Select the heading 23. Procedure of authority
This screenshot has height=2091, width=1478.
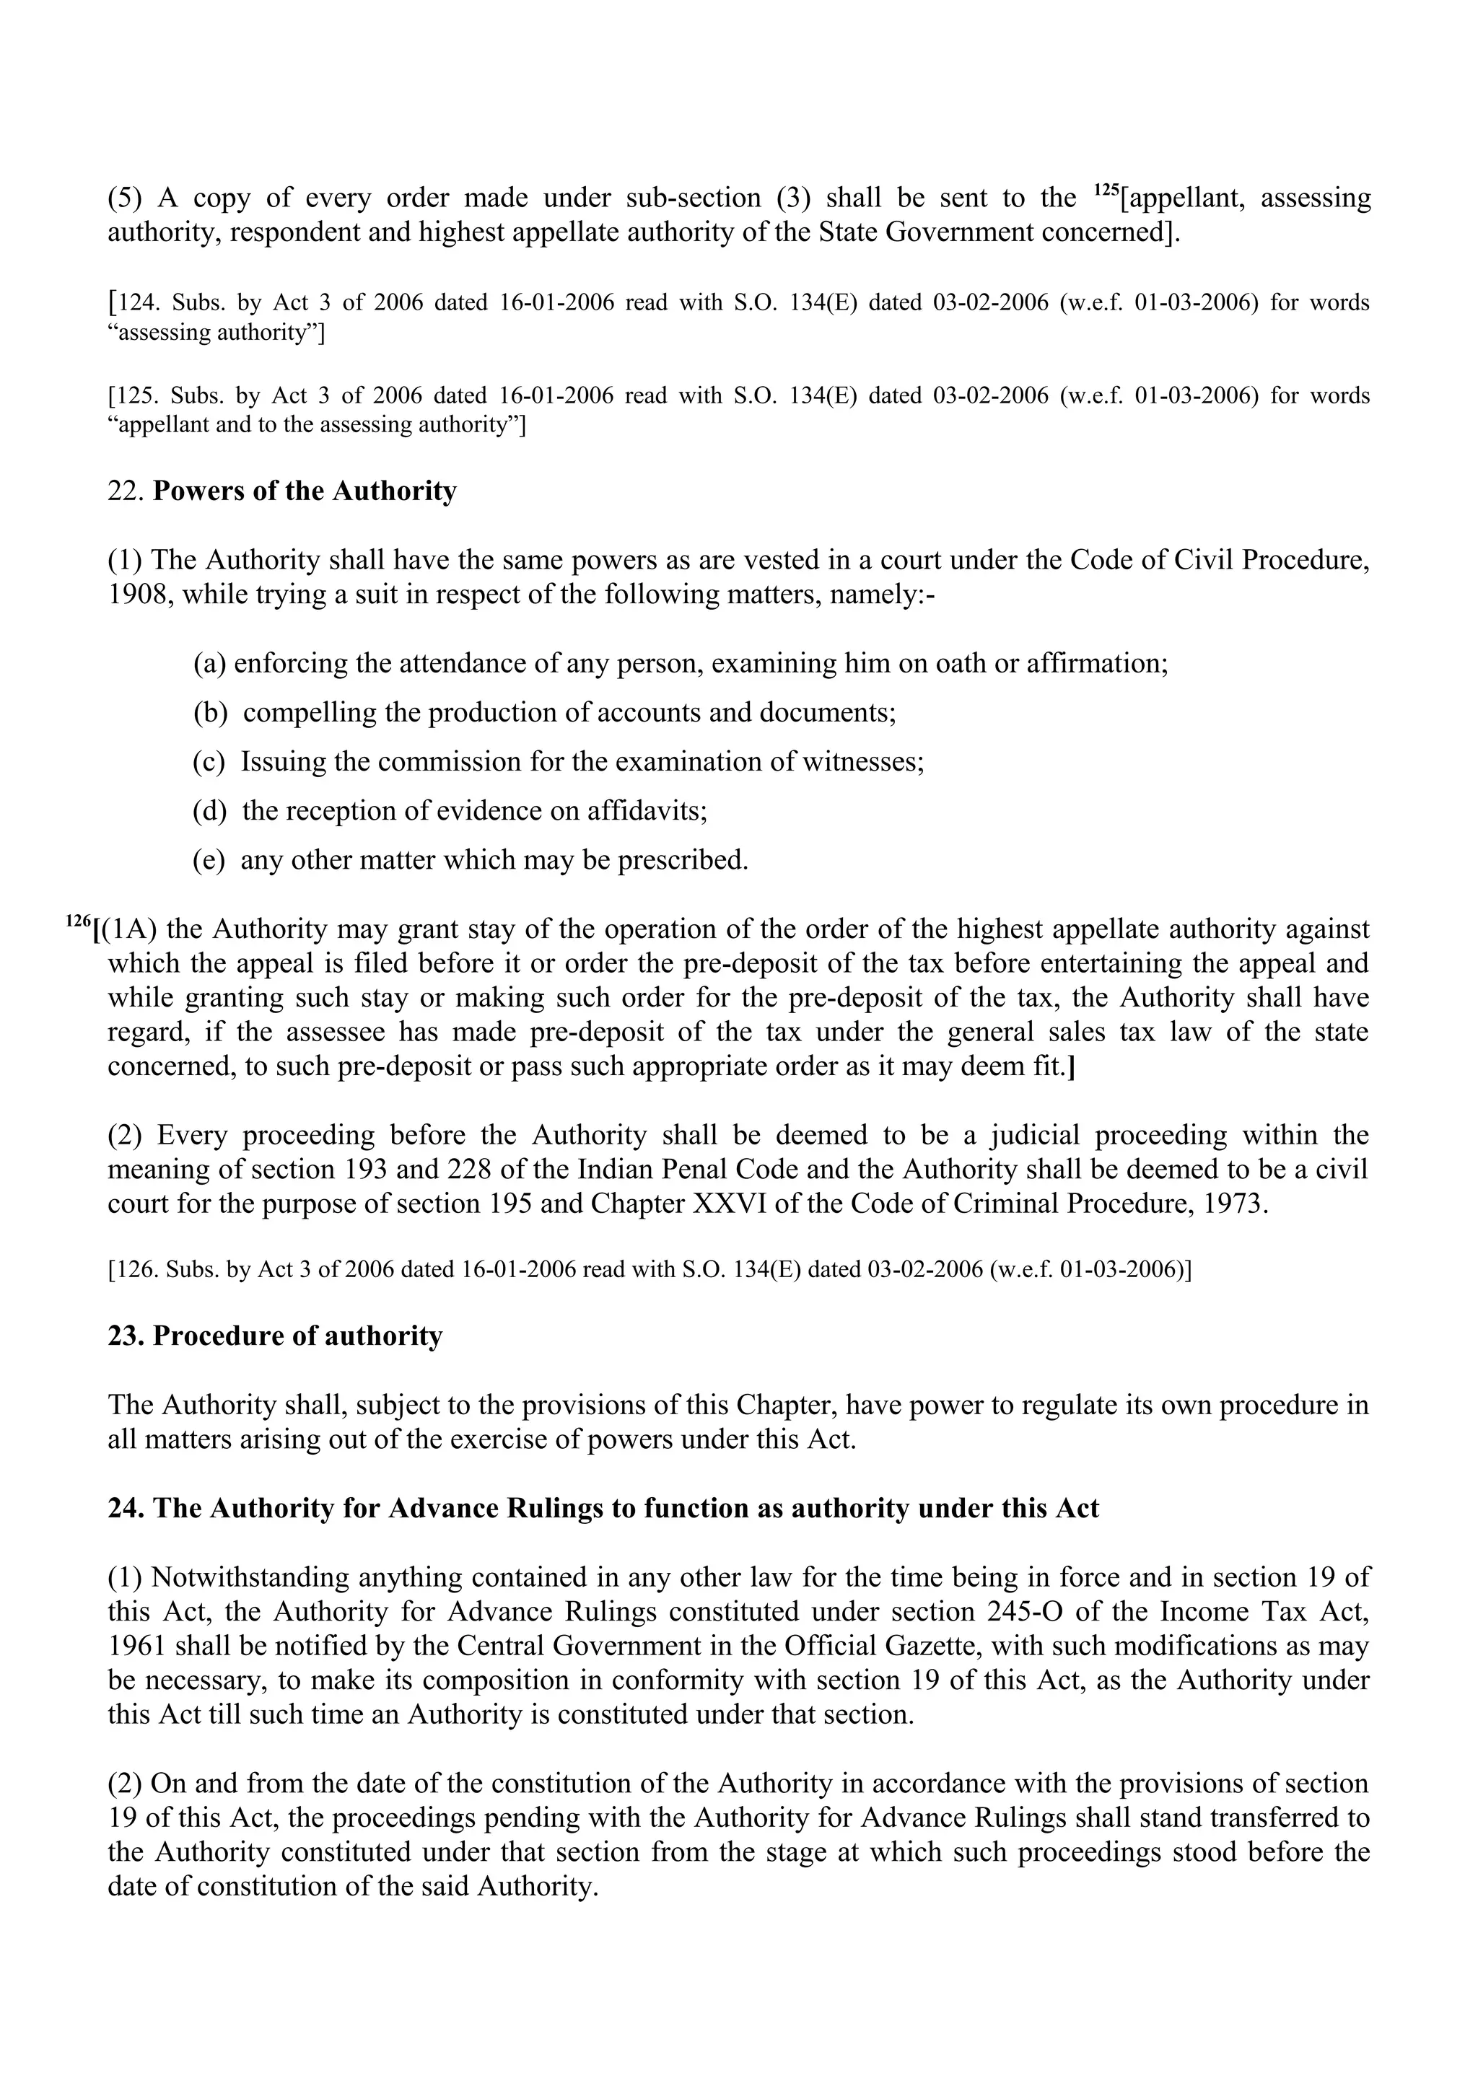coord(275,1336)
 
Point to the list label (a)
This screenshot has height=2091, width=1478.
coord(209,663)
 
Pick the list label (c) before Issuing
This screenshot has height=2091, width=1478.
coord(209,761)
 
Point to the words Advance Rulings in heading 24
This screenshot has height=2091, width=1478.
coord(497,1508)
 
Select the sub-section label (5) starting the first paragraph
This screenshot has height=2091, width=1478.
coord(126,198)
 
